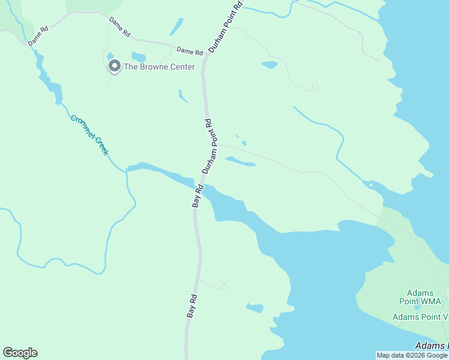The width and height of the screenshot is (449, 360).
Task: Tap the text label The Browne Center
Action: pyautogui.click(x=159, y=67)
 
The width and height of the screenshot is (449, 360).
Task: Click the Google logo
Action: pyautogui.click(x=20, y=353)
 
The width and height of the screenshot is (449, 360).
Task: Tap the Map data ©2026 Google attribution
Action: pyautogui.click(x=412, y=355)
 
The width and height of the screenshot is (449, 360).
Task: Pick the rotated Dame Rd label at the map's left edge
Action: pyautogui.click(x=37, y=36)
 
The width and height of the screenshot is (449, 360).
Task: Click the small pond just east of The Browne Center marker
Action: pyautogui.click(x=139, y=57)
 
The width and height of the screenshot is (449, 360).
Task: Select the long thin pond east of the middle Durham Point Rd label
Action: pyautogui.click(x=241, y=161)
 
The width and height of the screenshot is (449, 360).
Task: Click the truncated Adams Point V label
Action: pyautogui.click(x=420, y=317)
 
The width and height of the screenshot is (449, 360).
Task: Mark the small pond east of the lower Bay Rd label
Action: pyautogui.click(x=255, y=308)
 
